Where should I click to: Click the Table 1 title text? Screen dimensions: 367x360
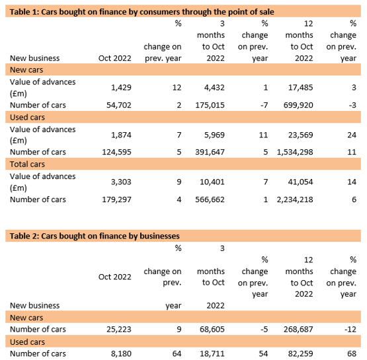(x=142, y=12)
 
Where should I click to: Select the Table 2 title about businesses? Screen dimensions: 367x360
(x=95, y=236)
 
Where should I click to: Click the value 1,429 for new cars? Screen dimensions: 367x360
(x=121, y=87)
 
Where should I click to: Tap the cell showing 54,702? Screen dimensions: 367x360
(x=119, y=105)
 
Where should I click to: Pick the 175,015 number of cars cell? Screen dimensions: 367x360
(x=210, y=105)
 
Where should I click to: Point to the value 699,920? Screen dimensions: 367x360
(x=298, y=105)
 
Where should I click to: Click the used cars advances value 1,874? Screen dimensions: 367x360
(x=121, y=135)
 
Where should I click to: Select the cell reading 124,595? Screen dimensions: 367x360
(x=116, y=152)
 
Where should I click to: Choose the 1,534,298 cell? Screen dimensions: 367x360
(x=295, y=152)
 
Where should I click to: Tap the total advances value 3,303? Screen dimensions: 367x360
(x=121, y=182)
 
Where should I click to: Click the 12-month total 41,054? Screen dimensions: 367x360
(x=300, y=182)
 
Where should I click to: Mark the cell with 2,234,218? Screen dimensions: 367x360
(x=295, y=199)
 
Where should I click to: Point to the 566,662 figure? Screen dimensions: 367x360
(x=210, y=199)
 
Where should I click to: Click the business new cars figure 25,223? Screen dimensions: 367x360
(x=119, y=329)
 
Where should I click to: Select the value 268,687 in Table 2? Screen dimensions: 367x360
(x=298, y=329)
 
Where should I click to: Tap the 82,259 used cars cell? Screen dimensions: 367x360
(x=300, y=353)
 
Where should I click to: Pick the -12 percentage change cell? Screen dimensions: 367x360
(x=350, y=329)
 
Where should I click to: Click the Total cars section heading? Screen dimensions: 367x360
(x=27, y=164)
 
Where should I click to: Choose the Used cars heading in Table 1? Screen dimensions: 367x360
(x=27, y=117)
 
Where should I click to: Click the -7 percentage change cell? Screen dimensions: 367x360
(x=265, y=105)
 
